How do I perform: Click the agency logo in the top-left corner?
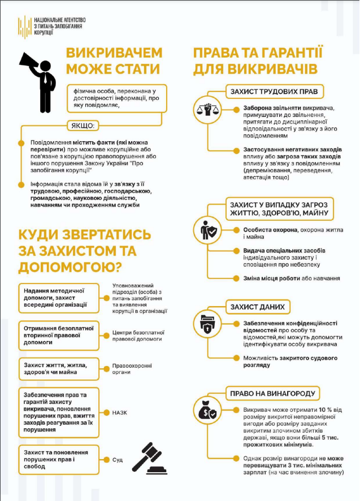point(24,27)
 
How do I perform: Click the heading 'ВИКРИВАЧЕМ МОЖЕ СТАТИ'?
point(114,61)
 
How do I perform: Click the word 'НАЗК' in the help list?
point(120,412)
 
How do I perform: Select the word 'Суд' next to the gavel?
point(118,460)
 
